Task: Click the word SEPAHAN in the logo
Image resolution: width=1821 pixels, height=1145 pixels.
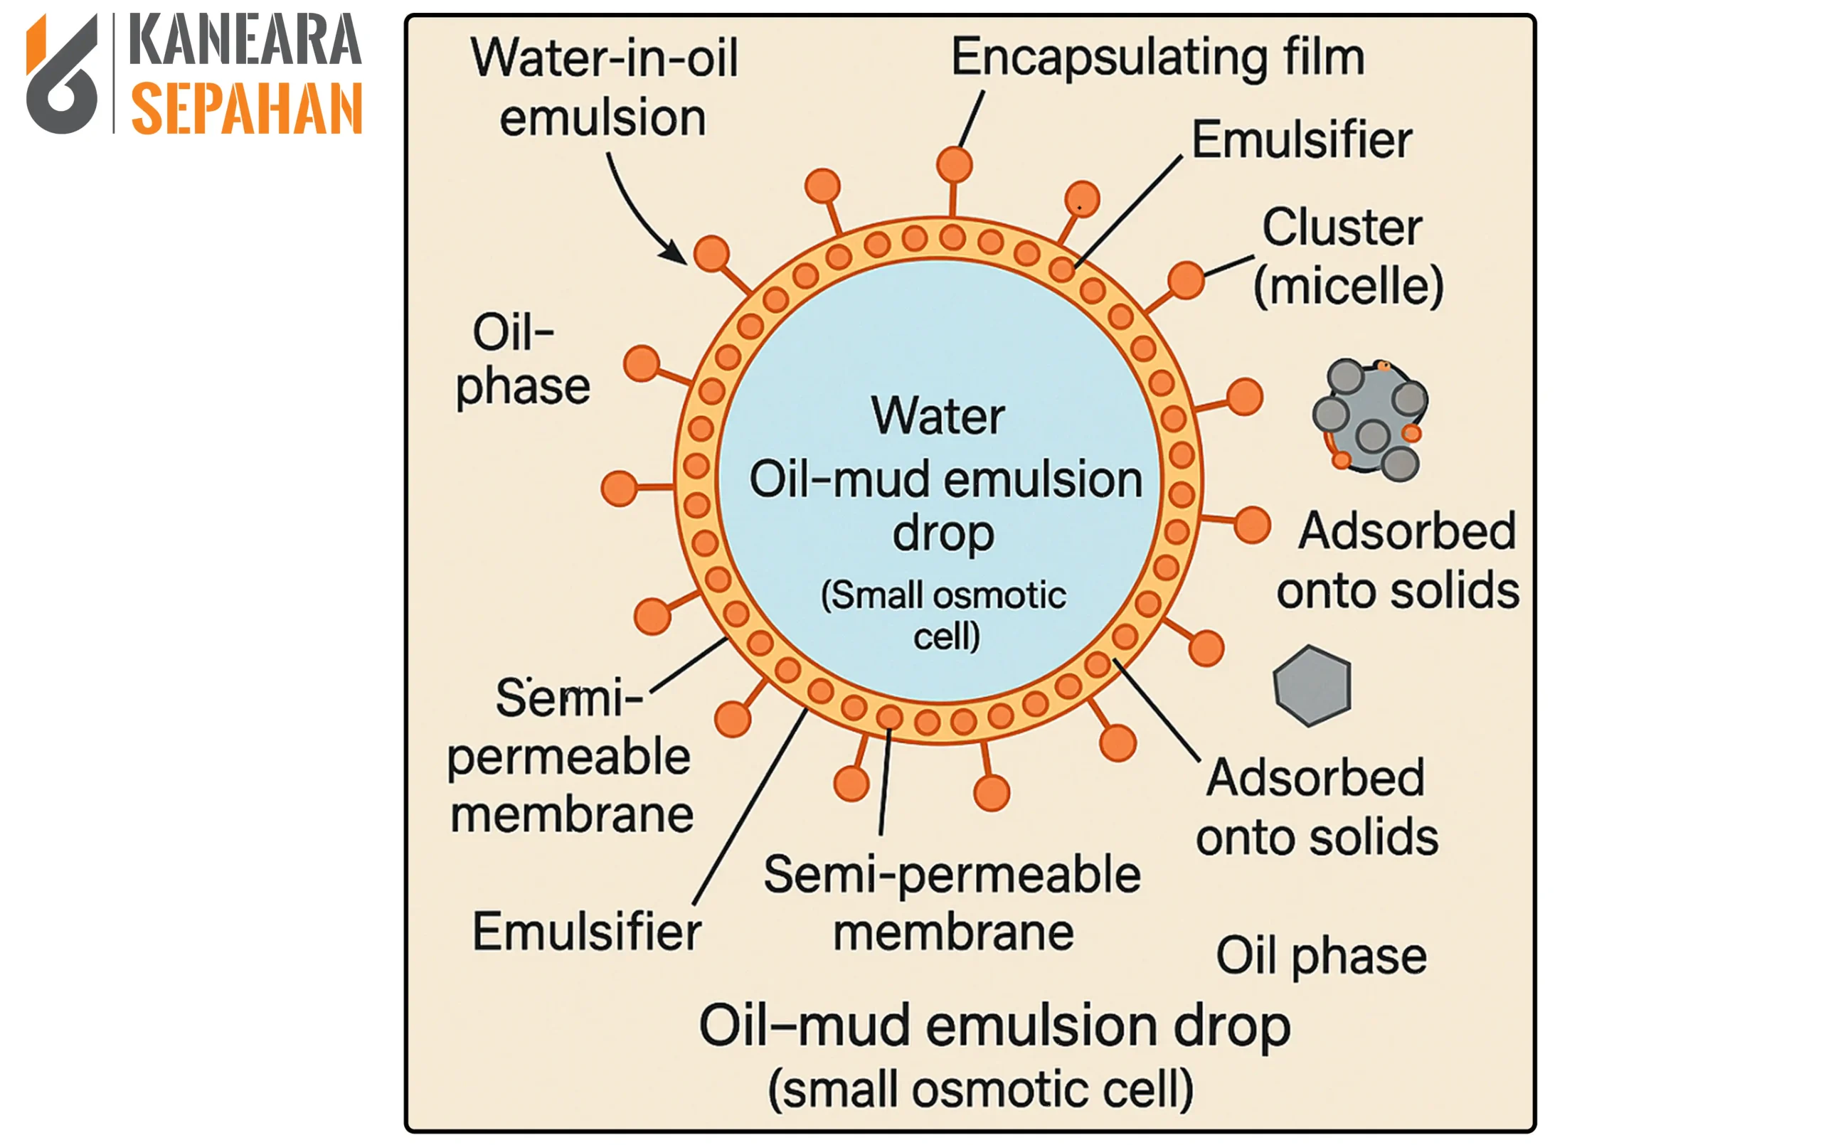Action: pyautogui.click(x=247, y=109)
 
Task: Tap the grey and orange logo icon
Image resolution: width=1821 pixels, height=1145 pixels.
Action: pyautogui.click(x=62, y=75)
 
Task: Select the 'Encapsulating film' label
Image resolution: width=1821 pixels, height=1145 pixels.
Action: pyautogui.click(x=1157, y=58)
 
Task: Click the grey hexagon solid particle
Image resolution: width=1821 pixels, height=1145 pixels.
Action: pyautogui.click(x=1312, y=685)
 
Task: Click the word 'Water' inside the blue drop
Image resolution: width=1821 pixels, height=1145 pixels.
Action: pyautogui.click(x=938, y=416)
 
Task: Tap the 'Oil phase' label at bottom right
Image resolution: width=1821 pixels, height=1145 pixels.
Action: pyautogui.click(x=1320, y=956)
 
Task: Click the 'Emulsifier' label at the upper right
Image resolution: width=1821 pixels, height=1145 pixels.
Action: pyautogui.click(x=1302, y=140)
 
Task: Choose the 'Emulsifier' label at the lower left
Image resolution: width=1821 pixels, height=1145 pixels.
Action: pyautogui.click(x=587, y=932)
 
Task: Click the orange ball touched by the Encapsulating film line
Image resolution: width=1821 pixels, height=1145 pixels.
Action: pyautogui.click(x=955, y=164)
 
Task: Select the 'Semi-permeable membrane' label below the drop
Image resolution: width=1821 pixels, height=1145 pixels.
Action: pyautogui.click(x=952, y=903)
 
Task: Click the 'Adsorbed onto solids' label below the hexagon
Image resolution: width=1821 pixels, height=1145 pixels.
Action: pyautogui.click(x=1317, y=807)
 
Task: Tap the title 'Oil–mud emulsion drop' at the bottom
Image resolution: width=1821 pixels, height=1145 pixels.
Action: pyautogui.click(x=994, y=1026)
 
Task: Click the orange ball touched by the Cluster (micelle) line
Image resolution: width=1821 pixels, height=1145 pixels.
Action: pyautogui.click(x=1186, y=279)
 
